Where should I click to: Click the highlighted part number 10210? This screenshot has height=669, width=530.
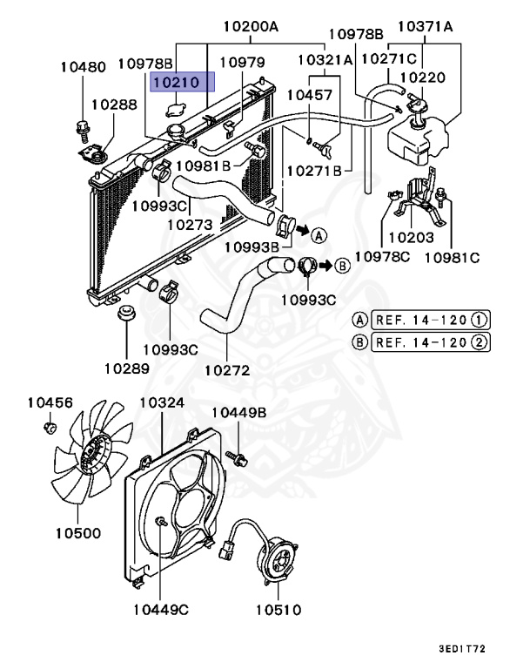click(178, 83)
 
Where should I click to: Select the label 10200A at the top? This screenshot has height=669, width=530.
click(250, 27)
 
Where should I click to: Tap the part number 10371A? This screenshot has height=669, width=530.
click(426, 27)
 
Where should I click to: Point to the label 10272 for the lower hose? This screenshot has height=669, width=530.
click(227, 370)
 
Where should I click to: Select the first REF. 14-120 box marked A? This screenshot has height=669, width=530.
click(420, 319)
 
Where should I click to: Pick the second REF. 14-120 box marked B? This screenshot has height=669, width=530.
click(420, 341)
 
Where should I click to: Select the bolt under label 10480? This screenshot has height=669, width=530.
click(84, 129)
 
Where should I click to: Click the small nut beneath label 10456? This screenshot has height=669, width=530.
click(50, 427)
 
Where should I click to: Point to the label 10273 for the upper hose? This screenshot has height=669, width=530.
click(190, 224)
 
